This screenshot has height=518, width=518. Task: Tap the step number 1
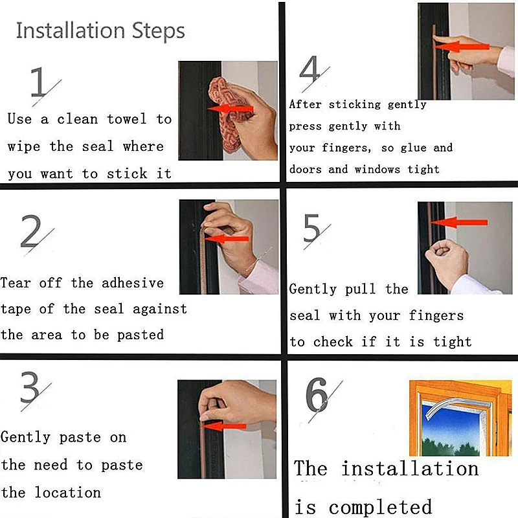click(38, 82)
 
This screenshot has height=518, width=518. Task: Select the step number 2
click(30, 231)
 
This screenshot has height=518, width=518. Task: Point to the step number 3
click(30, 387)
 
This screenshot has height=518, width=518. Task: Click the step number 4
click(310, 69)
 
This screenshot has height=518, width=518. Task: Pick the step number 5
click(311, 228)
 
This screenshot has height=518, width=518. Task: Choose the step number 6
click(317, 394)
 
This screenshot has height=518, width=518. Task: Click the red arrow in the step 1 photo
click(231, 109)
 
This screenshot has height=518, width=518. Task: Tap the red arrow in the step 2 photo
click(226, 238)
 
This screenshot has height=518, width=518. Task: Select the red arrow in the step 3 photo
click(224, 426)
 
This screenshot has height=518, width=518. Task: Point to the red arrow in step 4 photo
click(462, 47)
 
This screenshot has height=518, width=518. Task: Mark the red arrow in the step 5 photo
click(459, 222)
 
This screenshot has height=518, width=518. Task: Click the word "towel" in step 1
click(126, 119)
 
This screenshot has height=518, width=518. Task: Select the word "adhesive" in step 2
click(133, 283)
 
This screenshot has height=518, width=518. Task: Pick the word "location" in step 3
click(68, 492)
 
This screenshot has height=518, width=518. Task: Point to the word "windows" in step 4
click(377, 170)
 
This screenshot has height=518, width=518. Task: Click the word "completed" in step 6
click(380, 507)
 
